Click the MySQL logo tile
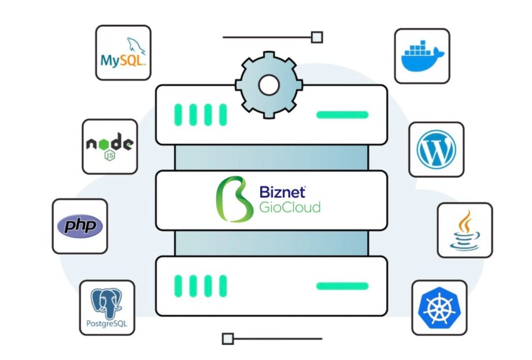pos(123,53)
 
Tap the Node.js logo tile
pos(110,147)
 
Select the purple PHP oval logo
pos(80,226)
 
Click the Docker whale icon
pos(422,56)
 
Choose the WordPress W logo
pos(436,149)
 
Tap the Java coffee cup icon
pos(465,229)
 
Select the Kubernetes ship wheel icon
pos(439,308)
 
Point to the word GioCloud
pos(289,207)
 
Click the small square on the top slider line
pos(317,38)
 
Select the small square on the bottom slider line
pos(228,339)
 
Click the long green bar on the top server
pos(342,114)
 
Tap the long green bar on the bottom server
pos(342,285)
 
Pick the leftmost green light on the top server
pos(178,114)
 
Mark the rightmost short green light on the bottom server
pos(223,285)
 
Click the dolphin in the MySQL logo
pos(134,44)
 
